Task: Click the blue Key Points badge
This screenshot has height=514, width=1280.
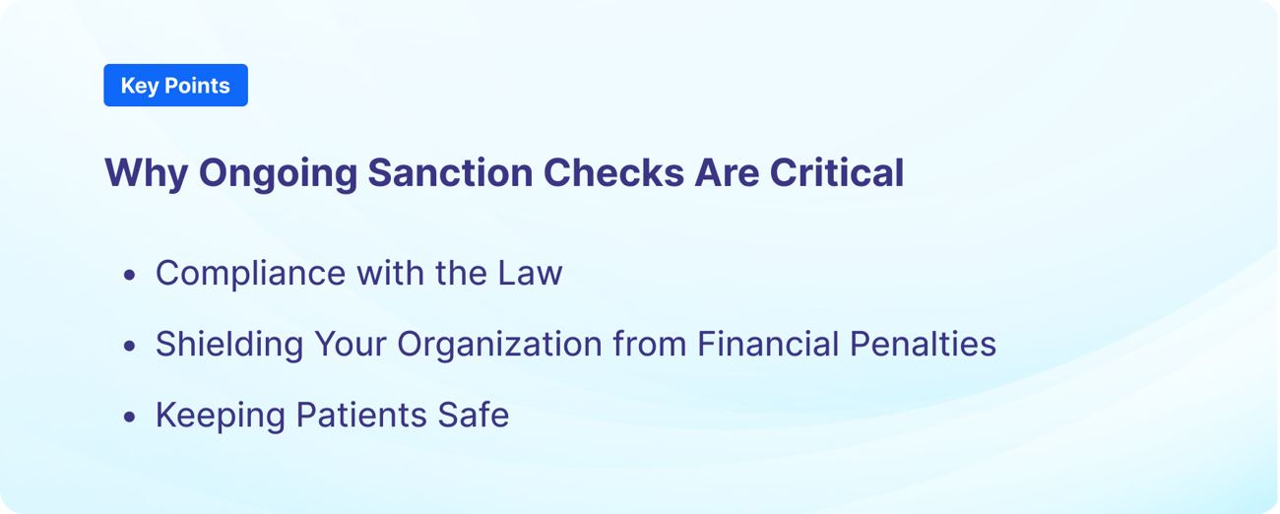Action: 175,86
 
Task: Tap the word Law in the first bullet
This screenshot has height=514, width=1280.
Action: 533,273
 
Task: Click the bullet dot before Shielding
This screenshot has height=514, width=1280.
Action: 130,348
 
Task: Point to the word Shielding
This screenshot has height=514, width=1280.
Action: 229,346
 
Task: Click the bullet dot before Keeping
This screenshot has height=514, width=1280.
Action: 130,418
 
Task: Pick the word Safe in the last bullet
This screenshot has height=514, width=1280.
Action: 474,415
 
